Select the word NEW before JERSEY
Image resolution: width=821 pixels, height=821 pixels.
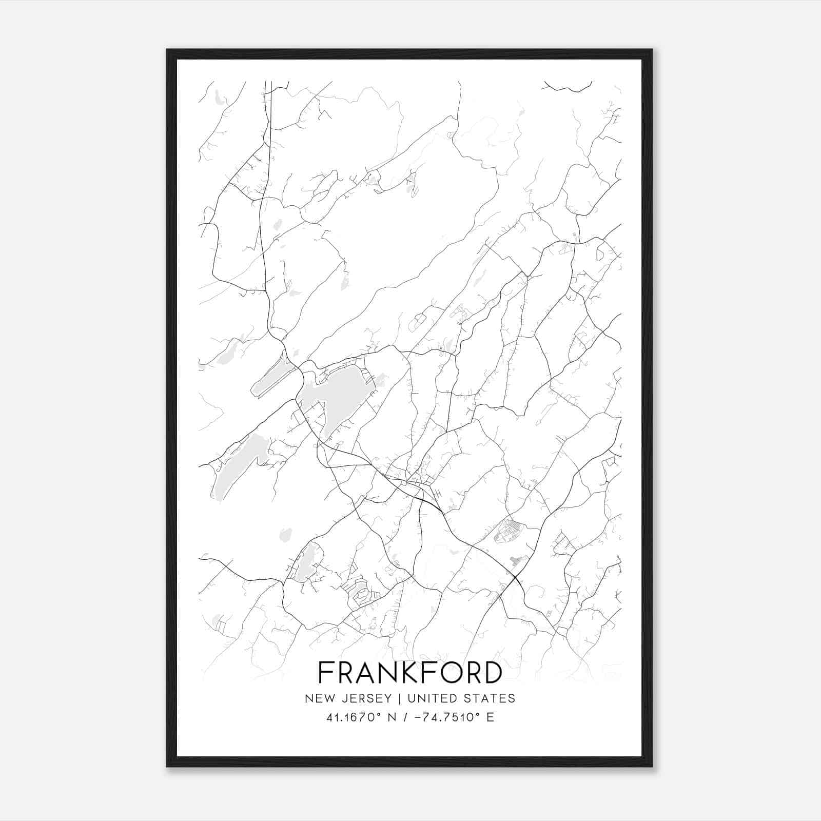pos(320,698)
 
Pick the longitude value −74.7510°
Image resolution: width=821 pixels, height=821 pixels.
pos(446,717)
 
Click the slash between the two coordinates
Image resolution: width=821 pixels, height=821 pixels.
pos(405,717)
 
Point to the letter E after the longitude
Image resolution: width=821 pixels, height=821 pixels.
pos(491,717)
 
